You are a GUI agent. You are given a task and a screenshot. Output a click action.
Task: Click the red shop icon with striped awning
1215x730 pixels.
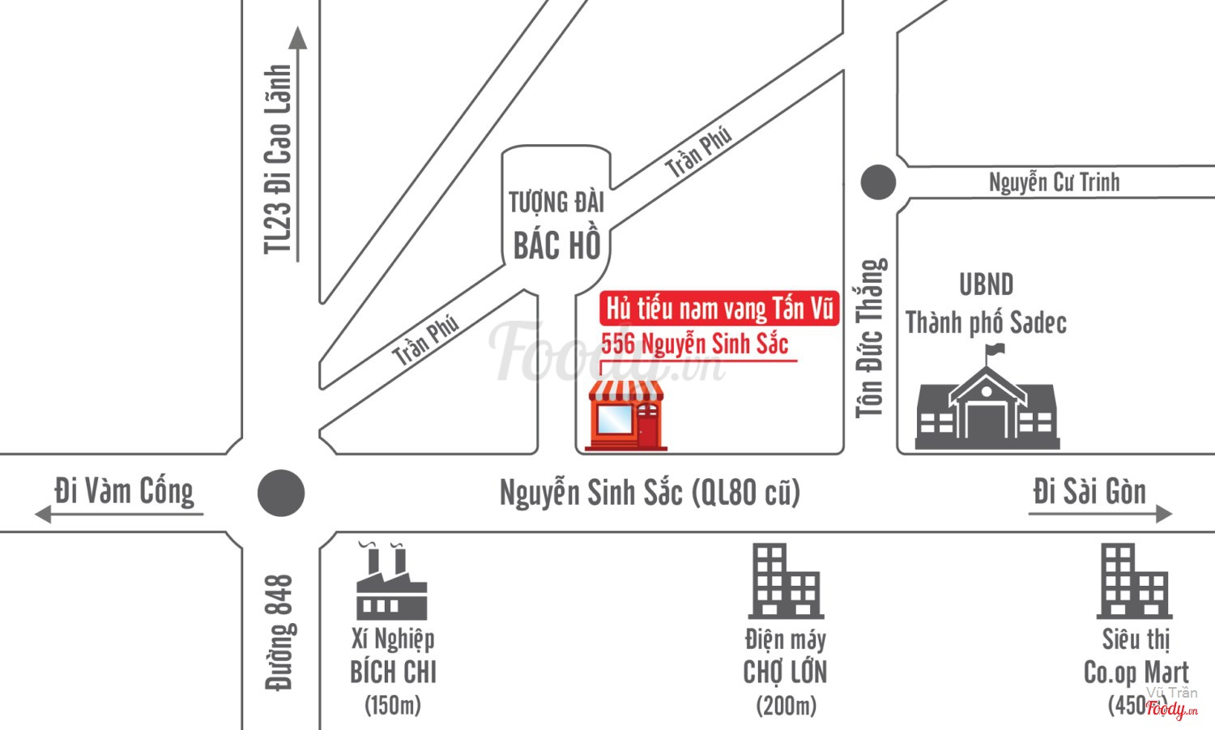[x=625, y=415]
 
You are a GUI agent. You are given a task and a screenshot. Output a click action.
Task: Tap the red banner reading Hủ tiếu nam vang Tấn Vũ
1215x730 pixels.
[x=719, y=309]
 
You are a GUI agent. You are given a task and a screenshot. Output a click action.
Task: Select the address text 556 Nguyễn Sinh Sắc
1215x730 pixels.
[x=694, y=344]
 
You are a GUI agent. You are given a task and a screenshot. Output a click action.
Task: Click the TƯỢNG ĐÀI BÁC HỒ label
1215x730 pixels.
[x=556, y=224]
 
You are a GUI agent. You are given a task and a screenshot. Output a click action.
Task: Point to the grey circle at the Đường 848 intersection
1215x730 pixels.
[x=281, y=493]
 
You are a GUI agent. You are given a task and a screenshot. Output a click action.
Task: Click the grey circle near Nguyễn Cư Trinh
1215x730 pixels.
[x=878, y=182]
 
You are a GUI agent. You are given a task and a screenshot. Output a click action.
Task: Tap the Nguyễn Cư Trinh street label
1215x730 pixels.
[x=1054, y=182]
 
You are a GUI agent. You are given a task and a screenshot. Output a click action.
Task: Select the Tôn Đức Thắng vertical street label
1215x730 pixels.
[x=871, y=338]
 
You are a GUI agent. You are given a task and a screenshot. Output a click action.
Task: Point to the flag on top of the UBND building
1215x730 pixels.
[x=995, y=351]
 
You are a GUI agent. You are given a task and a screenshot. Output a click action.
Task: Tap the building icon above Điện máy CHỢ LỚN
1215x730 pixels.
[x=785, y=581]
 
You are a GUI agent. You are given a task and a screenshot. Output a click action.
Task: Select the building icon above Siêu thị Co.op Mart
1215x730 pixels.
[x=1133, y=581]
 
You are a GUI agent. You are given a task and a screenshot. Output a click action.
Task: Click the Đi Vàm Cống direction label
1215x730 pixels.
[x=124, y=492]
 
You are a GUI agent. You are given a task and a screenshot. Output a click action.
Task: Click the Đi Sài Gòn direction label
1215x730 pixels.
[x=1089, y=492]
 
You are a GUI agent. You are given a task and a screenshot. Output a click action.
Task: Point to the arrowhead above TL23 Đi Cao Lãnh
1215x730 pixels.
[x=298, y=38]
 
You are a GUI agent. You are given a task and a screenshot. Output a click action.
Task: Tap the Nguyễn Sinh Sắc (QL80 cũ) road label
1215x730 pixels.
[x=650, y=493]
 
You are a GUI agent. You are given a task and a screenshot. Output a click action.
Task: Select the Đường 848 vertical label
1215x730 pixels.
[x=279, y=633]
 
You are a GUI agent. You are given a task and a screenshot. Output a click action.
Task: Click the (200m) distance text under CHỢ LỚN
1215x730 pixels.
[x=786, y=706]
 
